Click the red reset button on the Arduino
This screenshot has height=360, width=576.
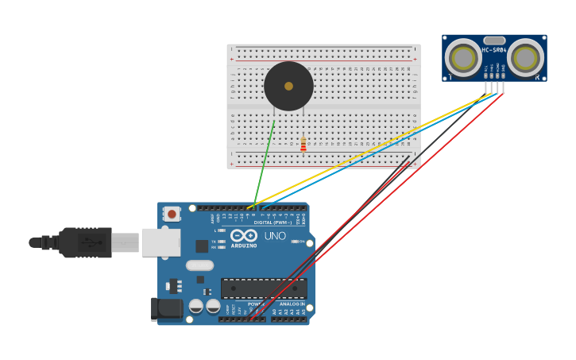[x=172, y=213]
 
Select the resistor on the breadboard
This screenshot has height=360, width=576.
[x=303, y=144]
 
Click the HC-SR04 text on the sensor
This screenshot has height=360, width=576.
[x=493, y=50]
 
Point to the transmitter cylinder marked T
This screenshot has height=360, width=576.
[x=462, y=57]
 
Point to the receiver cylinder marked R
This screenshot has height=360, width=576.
[x=526, y=57]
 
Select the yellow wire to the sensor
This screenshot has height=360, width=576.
[x=365, y=152]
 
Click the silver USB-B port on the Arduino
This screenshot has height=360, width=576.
[x=160, y=242]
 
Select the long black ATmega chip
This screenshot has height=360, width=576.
[x=264, y=288]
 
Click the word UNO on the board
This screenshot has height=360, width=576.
[x=275, y=236]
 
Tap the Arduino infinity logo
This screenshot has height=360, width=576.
[x=244, y=236]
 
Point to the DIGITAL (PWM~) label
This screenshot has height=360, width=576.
[x=272, y=223]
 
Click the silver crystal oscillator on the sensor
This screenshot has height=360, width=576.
[x=494, y=40]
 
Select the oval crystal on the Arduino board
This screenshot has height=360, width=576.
[x=200, y=265]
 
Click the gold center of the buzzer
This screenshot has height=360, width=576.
[x=288, y=86]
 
